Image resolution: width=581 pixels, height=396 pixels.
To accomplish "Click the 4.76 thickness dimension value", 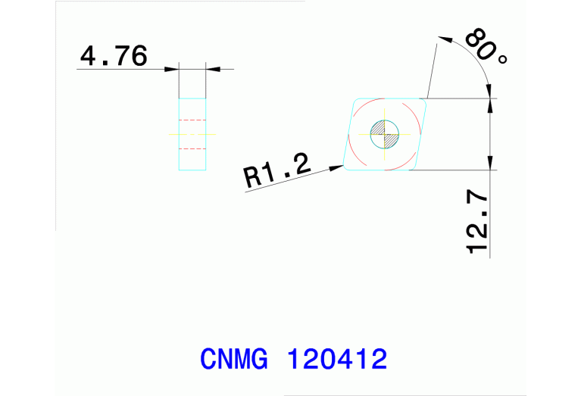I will point(114,57).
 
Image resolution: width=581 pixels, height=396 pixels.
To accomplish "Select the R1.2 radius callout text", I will point(277,173).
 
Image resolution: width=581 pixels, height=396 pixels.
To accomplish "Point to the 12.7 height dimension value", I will point(478,223).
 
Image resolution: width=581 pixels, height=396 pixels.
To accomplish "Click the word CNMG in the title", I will point(234,358).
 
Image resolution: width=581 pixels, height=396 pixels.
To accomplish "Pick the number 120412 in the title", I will point(338,358).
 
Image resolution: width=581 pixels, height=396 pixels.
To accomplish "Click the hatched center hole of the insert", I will point(384,135).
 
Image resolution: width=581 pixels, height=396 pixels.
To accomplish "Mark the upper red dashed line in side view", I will point(192,120).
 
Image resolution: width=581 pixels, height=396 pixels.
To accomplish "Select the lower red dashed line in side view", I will point(192,148).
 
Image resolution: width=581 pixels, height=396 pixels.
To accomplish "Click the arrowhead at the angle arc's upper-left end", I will point(444,39).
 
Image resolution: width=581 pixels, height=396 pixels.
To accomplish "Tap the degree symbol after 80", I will point(501,58).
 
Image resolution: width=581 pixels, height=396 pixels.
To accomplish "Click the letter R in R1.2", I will point(253,179).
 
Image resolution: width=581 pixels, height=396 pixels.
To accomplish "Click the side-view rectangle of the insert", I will point(192,134).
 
